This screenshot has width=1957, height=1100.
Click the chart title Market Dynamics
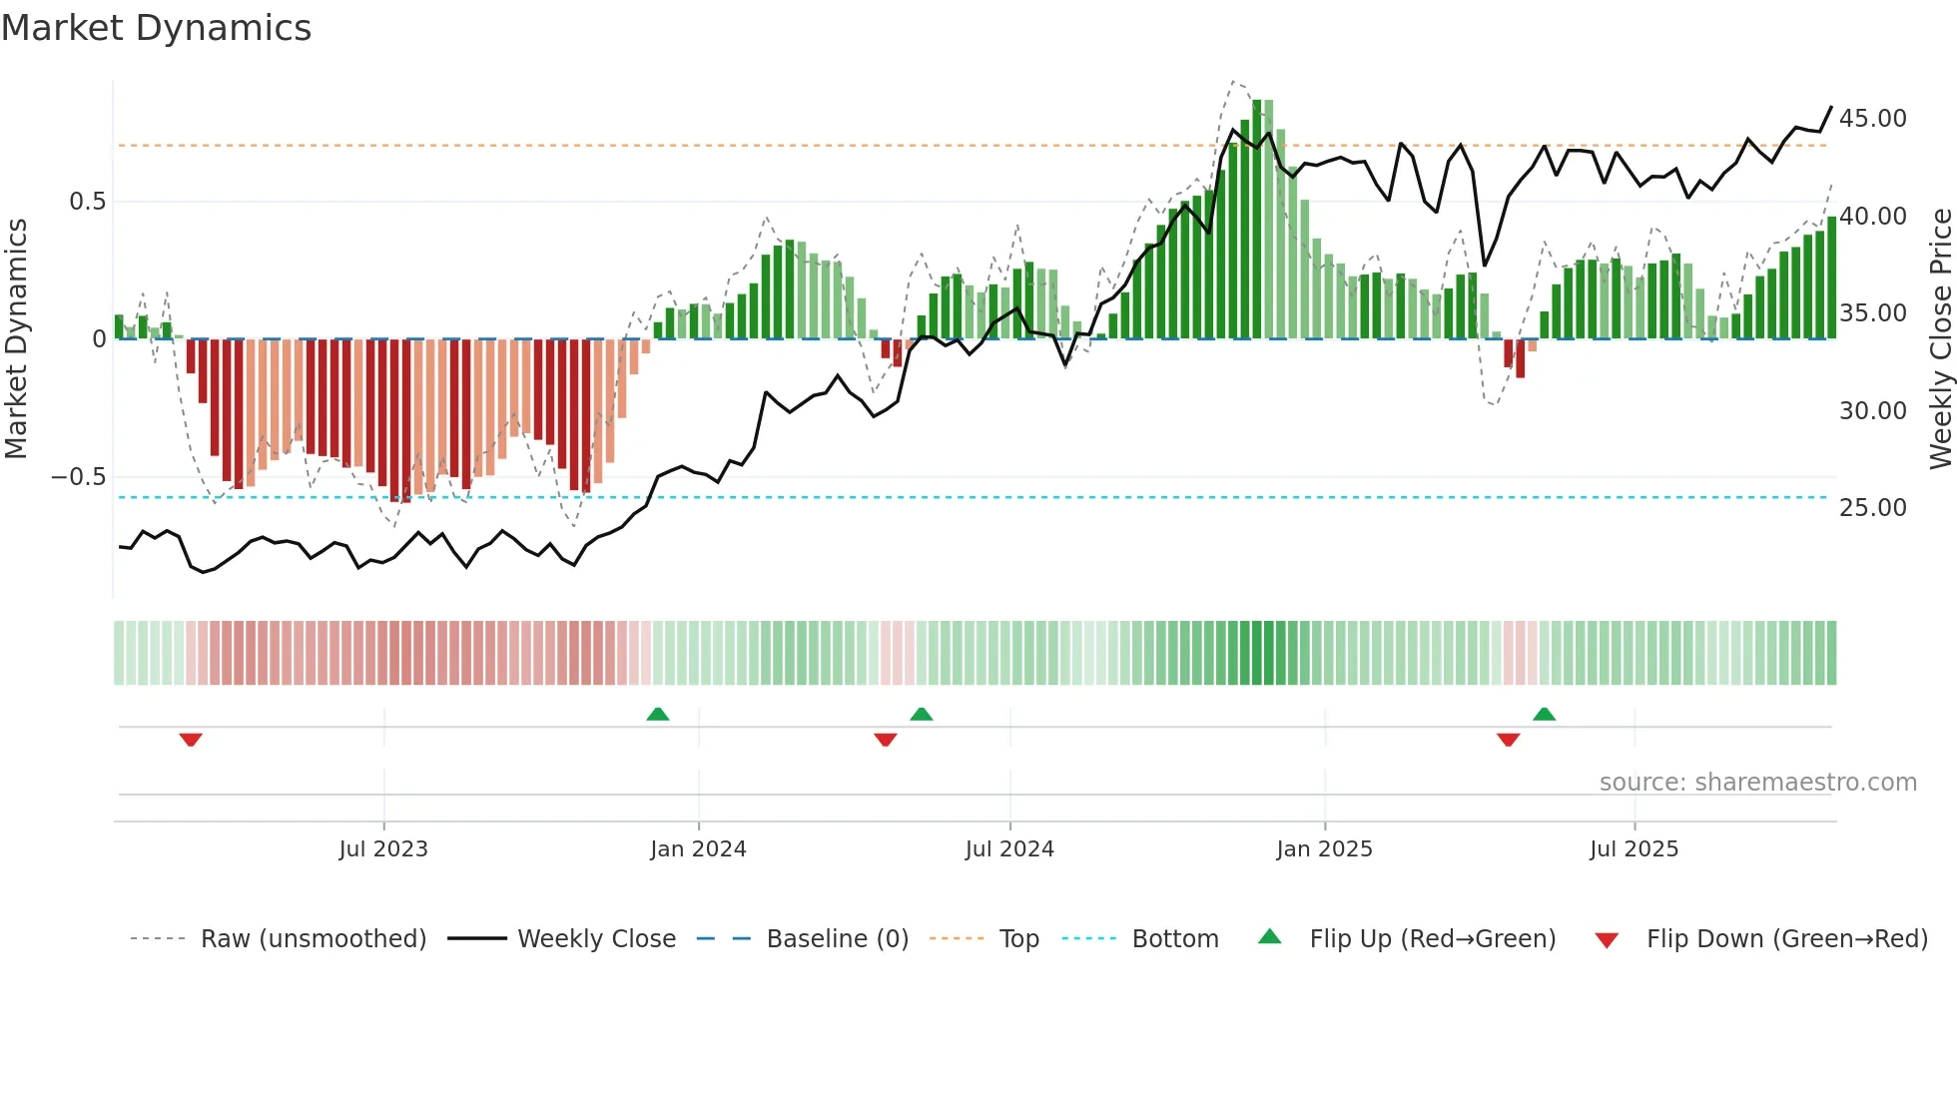[157, 28]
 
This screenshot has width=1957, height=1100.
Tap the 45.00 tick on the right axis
[1872, 119]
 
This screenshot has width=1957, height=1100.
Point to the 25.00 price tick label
[1872, 508]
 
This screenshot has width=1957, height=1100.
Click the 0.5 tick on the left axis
[87, 202]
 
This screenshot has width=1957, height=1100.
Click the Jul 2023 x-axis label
[383, 849]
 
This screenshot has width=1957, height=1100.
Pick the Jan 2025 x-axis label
[1324, 849]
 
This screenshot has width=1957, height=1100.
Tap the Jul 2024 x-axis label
[1009, 849]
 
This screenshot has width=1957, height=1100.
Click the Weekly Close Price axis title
[1940, 338]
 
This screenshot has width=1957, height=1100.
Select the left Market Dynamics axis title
[16, 338]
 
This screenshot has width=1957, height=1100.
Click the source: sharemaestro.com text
[1757, 783]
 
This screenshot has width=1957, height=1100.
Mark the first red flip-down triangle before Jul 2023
[191, 740]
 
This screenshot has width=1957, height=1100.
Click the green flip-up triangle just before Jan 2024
[658, 714]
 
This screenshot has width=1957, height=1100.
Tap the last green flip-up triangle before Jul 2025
[1544, 714]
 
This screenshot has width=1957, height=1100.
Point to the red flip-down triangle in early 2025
[1508, 740]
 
